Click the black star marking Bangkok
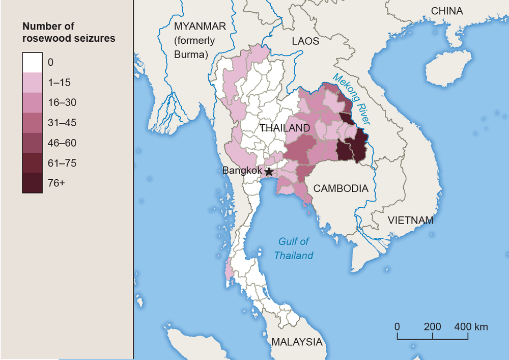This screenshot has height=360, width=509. click(x=269, y=172)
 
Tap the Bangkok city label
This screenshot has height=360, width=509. click(x=242, y=171)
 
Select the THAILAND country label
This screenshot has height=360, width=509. click(x=285, y=128)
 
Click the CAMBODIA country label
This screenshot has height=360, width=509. click(x=341, y=188)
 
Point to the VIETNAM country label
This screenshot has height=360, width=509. click(x=411, y=220)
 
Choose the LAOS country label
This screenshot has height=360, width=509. click(x=305, y=41)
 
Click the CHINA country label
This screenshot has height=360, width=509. click(x=446, y=11)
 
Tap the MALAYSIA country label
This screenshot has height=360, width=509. click(x=297, y=342)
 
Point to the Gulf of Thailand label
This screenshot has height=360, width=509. click(x=294, y=248)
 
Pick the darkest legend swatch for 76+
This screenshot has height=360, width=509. click(x=33, y=183)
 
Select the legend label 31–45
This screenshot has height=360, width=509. click(x=62, y=123)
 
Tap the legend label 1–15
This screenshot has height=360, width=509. click(x=60, y=82)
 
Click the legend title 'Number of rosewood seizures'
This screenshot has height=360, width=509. click(x=69, y=32)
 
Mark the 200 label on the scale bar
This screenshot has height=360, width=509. click(x=433, y=326)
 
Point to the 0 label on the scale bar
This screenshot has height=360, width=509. click(x=397, y=326)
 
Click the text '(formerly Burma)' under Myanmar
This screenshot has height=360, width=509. click(x=195, y=47)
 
